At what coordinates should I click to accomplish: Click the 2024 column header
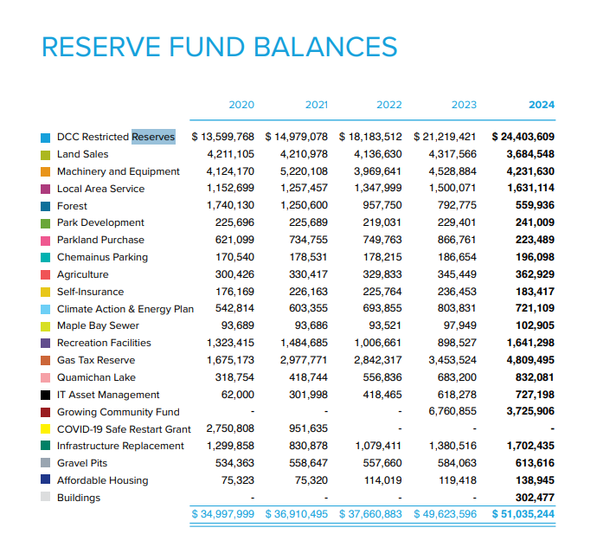pos(542,105)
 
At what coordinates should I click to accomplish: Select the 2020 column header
pos(241,105)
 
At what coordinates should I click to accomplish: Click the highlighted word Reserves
pos(153,137)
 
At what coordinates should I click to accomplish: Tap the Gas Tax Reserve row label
pos(96,360)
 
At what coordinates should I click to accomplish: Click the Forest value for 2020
pos(230,206)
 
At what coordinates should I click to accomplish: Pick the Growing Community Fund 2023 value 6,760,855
pos(453,412)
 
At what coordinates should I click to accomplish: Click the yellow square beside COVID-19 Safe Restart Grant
pos(45,429)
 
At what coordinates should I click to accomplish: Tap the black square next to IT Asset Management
pos(45,395)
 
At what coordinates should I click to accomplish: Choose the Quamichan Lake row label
pos(95,377)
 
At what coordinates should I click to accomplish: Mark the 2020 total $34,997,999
pos(223,514)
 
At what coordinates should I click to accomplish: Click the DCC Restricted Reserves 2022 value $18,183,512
pos(371,137)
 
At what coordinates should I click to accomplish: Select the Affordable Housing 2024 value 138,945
pos(530,480)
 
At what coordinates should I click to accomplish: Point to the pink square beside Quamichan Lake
pos(45,377)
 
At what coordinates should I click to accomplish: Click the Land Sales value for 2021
pos(304,154)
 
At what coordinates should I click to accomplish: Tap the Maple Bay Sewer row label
pos(98,326)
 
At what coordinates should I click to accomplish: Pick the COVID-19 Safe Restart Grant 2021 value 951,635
pos(308,428)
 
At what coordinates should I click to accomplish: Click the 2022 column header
pos(389,105)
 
